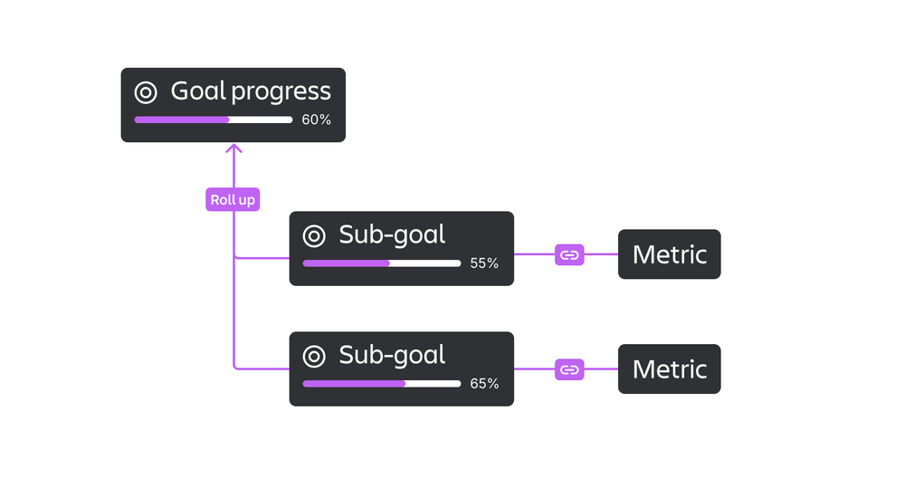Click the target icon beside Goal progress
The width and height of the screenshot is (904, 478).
(x=146, y=92)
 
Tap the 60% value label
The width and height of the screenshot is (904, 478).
(x=316, y=119)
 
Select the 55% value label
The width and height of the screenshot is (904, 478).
(x=484, y=263)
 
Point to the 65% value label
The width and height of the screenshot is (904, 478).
(x=484, y=383)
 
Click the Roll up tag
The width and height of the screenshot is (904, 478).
(x=233, y=200)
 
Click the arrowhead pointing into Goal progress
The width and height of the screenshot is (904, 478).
(x=233, y=149)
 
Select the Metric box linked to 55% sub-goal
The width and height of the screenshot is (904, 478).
(x=669, y=254)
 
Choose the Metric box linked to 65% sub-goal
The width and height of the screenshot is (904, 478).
(x=669, y=369)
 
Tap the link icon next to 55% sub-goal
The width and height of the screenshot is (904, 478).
(x=569, y=255)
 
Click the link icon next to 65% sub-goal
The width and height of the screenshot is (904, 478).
(x=569, y=369)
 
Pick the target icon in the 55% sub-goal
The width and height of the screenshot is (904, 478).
(x=314, y=236)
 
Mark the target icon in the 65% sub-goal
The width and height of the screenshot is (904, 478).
(x=314, y=356)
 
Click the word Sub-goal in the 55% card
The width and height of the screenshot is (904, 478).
(x=392, y=235)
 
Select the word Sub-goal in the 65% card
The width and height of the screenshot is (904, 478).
(x=392, y=355)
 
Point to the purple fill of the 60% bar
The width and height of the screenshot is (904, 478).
(x=181, y=119)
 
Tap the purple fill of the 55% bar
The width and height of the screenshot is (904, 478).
(x=346, y=263)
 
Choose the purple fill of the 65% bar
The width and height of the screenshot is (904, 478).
(x=354, y=383)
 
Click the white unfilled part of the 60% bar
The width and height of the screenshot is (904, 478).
(x=262, y=119)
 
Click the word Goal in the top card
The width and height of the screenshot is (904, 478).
(x=197, y=91)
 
